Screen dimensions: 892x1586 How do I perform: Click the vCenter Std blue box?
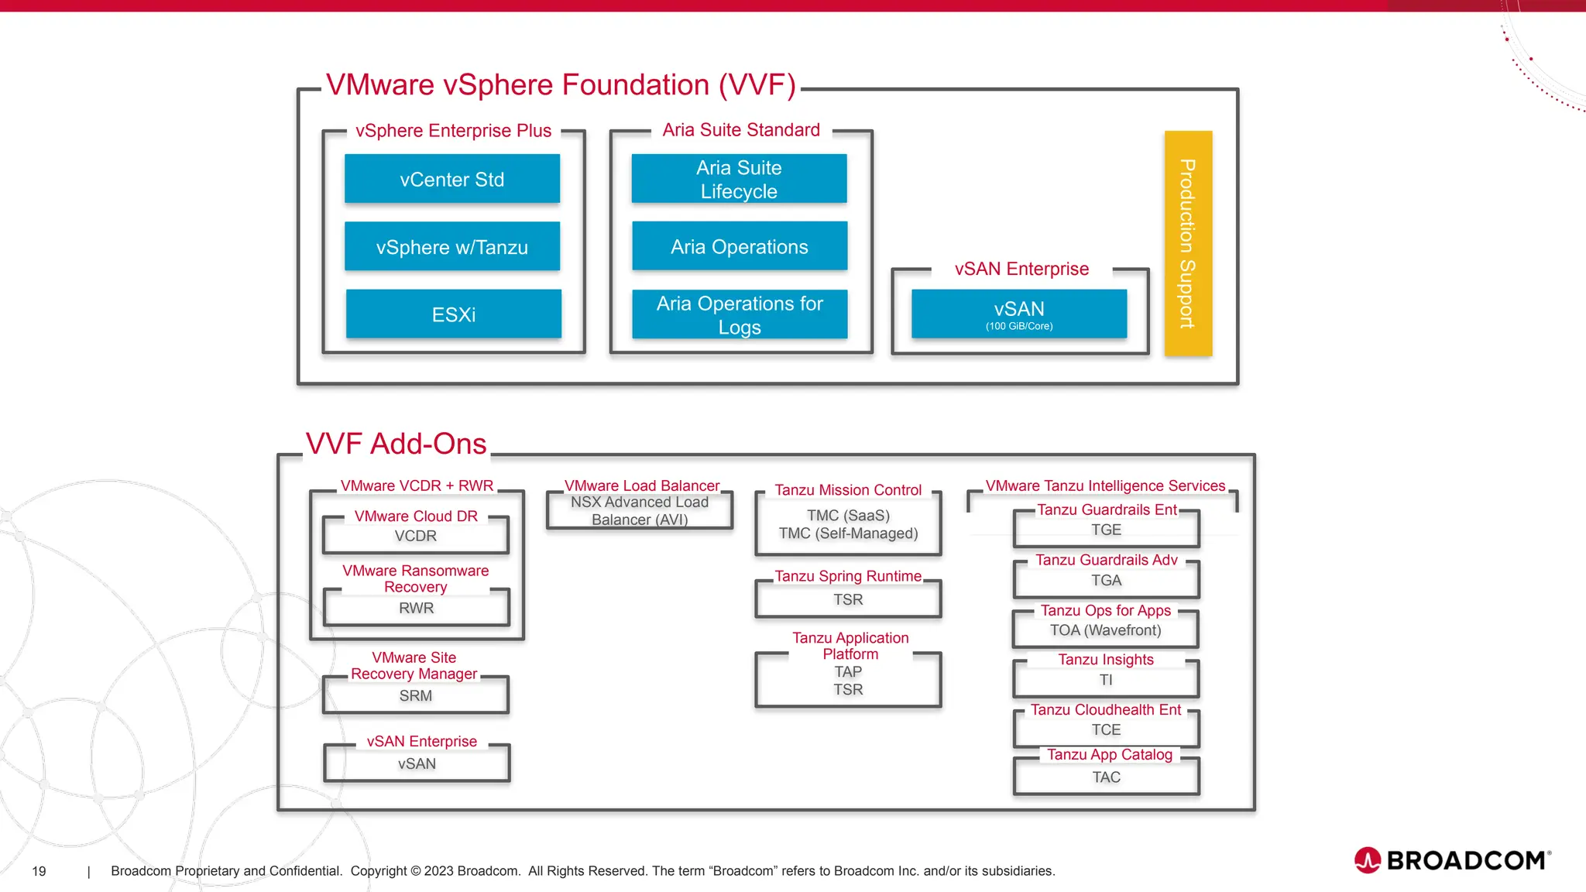pos(452,180)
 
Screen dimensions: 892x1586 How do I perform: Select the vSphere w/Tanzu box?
pos(452,247)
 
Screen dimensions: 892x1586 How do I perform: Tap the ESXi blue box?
pos(454,314)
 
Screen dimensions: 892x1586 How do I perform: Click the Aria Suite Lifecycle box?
pos(739,179)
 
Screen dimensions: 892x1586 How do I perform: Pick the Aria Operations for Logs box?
pos(740,314)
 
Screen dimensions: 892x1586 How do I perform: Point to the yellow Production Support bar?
pos(1188,243)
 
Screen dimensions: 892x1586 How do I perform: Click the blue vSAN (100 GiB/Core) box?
pos(1019,314)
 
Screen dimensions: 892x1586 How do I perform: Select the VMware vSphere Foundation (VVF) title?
pos(561,85)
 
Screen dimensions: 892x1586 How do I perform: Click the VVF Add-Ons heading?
pos(396,444)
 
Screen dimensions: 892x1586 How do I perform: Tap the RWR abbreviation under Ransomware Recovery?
pos(416,609)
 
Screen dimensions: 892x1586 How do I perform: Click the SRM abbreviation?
pos(416,696)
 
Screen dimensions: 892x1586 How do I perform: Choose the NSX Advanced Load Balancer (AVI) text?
pos(640,511)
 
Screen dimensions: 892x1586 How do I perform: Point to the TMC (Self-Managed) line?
pos(848,533)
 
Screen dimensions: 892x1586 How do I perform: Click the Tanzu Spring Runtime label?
pos(848,576)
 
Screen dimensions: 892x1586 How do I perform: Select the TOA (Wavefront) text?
pos(1105,630)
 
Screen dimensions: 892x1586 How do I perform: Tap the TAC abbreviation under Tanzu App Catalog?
pos(1106,777)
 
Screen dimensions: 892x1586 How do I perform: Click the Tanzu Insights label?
pos(1105,660)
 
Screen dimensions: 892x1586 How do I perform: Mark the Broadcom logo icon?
pos(1368,860)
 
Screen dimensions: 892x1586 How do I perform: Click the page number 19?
pos(39,871)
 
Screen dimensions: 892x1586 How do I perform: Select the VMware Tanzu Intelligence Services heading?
pos(1105,486)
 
